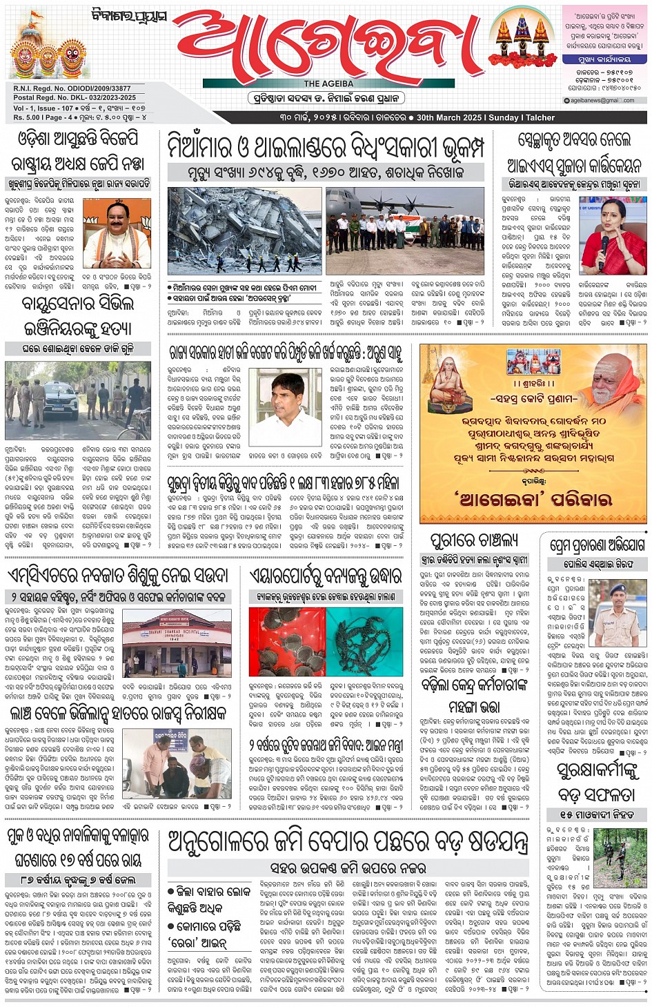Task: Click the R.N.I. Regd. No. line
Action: [x=72, y=88]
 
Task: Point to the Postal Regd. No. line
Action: [x=75, y=97]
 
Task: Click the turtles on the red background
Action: [x=287, y=641]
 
